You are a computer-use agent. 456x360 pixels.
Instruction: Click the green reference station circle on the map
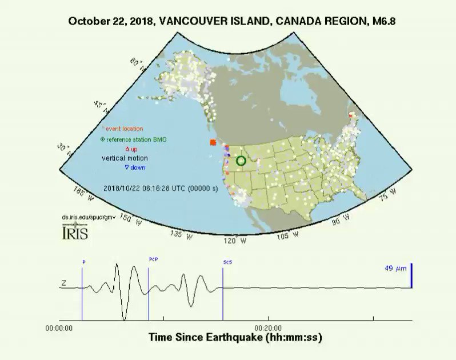(x=241, y=161)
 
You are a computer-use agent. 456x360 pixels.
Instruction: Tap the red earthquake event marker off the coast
(x=212, y=142)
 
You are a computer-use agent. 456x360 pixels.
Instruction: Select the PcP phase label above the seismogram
(x=153, y=259)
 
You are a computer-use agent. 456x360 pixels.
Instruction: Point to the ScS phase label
(x=227, y=262)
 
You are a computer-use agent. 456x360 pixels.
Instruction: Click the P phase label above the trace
(x=84, y=262)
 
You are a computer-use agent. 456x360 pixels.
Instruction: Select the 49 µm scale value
(x=395, y=267)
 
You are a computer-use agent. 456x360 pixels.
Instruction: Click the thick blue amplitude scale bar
(x=411, y=275)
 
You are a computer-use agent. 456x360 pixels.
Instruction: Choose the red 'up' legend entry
(x=131, y=149)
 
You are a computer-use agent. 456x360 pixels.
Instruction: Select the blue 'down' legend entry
(x=135, y=167)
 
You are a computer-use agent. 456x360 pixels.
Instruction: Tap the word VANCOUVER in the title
(x=189, y=21)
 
